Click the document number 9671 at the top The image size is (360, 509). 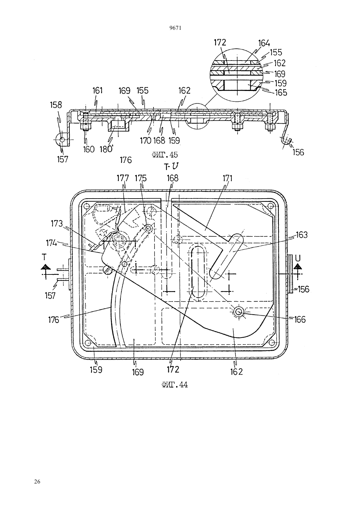point(175,28)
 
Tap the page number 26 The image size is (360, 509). point(37,482)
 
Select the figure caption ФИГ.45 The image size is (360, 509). point(165,155)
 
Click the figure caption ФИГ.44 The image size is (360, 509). point(175,385)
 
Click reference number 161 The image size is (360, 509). point(98,91)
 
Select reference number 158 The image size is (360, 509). point(56,105)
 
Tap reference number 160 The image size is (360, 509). point(89,149)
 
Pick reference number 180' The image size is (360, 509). point(106,149)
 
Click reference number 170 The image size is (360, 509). point(146,141)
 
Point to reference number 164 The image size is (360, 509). point(264,43)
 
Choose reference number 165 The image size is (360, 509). point(281,93)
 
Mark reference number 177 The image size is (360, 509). point(123,178)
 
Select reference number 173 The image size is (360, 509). point(57,224)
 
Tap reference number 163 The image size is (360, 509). point(302,235)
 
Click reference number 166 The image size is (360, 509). point(300,320)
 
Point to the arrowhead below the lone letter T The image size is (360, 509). point(46,267)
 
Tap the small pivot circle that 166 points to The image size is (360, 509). point(239,312)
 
